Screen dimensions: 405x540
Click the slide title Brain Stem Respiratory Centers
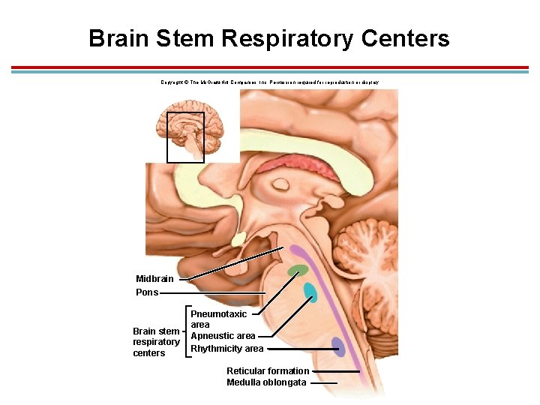point(268,38)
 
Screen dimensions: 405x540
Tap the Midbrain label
point(154,279)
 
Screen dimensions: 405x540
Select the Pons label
point(147,292)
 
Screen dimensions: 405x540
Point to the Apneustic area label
point(223,336)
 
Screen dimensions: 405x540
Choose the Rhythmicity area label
point(226,349)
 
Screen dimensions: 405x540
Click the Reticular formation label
point(268,371)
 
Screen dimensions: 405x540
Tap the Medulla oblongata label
point(266,382)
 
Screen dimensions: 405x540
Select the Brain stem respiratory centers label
point(156,342)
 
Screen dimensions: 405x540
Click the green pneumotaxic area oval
point(298,270)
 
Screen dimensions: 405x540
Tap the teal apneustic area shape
point(309,291)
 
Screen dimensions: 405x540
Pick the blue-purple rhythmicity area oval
point(338,346)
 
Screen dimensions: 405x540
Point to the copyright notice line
point(269,82)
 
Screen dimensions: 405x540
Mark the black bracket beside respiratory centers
point(185,331)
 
